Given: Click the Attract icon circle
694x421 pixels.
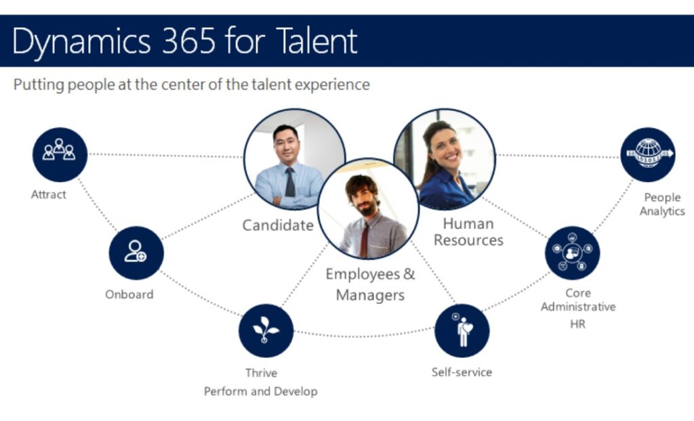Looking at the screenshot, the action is pos(60,154).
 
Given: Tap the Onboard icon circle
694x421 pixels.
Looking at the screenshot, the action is pos(136,253).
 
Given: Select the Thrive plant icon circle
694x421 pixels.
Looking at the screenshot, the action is pos(266,330).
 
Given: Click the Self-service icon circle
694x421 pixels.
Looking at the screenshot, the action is pos(462,330).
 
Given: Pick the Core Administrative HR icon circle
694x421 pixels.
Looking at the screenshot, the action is pos(572,253).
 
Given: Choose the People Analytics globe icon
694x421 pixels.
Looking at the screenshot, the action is pos(648,154).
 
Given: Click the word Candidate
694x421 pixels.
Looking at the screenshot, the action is pos(278,225).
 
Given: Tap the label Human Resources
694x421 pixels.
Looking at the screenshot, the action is pos(468,231).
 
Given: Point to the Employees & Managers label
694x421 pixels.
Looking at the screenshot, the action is pos(371,284).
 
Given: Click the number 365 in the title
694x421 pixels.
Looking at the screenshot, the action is pos(188,41).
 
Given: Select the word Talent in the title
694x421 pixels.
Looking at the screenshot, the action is pos(317,41).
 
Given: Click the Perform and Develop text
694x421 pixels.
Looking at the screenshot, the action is pos(261,391).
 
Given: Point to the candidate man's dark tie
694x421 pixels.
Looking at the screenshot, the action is pos(290,182).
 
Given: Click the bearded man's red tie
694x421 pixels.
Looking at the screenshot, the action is pos(364,240).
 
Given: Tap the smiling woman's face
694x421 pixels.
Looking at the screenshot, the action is pos(445,148).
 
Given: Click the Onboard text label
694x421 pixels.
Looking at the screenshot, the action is pos(129,294).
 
